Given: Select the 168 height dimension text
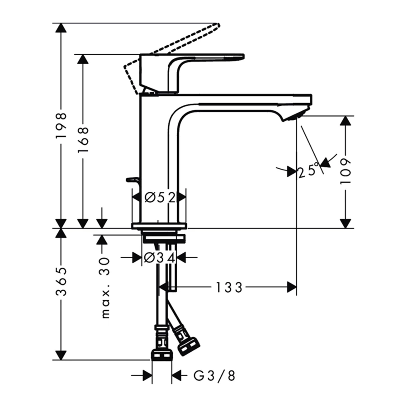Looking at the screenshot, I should coord(83,139).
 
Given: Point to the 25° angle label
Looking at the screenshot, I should coord(309,171).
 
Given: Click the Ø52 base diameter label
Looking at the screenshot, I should coord(159,197).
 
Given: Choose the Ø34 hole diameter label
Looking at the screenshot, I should coord(159,257).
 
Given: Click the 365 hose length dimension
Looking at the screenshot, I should coord(61,281).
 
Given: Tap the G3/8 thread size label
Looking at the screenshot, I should coord(214,375).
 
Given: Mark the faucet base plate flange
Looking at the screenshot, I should coord(159,226).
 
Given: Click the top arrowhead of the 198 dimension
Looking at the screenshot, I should coord(61,28).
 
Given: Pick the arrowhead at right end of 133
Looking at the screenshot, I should coord(292,287).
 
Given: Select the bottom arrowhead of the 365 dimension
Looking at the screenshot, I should coord(61,355).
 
